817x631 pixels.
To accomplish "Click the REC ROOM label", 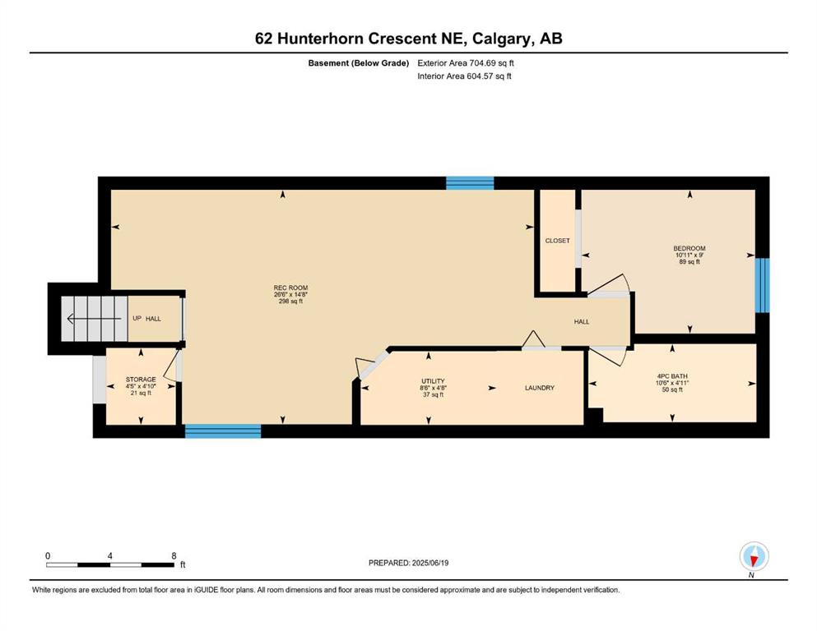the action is click(290, 288).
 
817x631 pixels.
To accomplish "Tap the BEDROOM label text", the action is click(689, 248).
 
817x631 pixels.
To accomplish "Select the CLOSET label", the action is click(558, 241).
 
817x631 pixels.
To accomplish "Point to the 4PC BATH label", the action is click(672, 375).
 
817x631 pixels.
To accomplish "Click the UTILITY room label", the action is click(433, 380).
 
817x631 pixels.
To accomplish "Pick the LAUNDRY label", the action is click(540, 388).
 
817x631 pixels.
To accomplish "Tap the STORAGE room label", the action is click(141, 380).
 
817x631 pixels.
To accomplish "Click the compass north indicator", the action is click(754, 556).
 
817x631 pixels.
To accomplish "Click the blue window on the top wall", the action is click(470, 183).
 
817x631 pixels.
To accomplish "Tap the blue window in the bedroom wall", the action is click(763, 285).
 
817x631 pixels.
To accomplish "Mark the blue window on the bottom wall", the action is click(223, 431).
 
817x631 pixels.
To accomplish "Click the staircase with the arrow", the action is click(95, 319).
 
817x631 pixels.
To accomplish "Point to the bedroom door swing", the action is click(609, 284).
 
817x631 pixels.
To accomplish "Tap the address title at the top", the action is click(408, 39).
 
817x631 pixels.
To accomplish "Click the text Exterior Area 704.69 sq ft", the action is click(466, 63).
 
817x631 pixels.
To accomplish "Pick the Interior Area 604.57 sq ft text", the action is click(464, 76).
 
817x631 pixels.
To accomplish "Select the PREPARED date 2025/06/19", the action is click(408, 563).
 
